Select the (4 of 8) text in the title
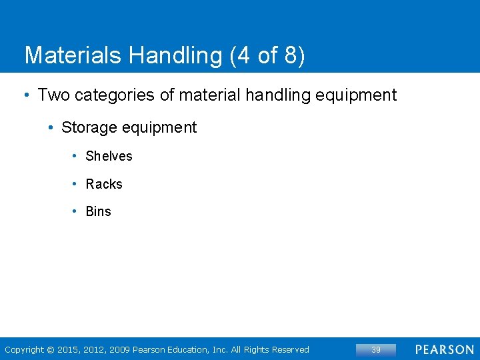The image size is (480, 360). (x=267, y=56)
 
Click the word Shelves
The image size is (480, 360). (x=109, y=156)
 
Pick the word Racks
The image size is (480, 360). (x=104, y=184)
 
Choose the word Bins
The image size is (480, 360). (x=99, y=211)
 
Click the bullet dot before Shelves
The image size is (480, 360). (x=75, y=156)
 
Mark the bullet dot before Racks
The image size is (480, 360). (x=75, y=184)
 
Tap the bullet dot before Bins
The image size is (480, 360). (x=75, y=211)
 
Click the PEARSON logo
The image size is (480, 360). (x=445, y=349)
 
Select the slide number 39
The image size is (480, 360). (x=376, y=349)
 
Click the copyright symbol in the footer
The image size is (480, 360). (x=51, y=349)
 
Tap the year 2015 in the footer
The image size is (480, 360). (x=68, y=349)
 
